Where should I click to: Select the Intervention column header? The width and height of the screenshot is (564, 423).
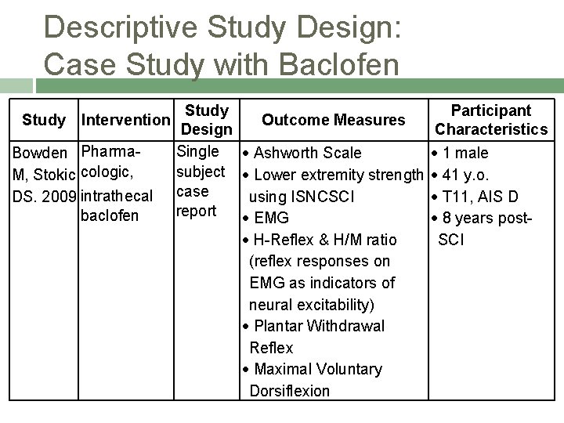point(125,121)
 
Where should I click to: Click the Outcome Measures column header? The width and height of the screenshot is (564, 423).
point(334,120)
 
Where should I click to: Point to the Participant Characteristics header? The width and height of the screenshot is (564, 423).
point(491,120)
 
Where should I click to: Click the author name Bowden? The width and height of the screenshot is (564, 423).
point(44,152)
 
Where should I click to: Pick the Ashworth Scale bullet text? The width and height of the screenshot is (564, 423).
point(308,153)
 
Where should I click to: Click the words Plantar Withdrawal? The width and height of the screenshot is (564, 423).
point(316,326)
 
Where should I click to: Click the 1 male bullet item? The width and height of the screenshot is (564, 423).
point(465,153)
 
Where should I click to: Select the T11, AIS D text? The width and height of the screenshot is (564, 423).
point(479,196)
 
